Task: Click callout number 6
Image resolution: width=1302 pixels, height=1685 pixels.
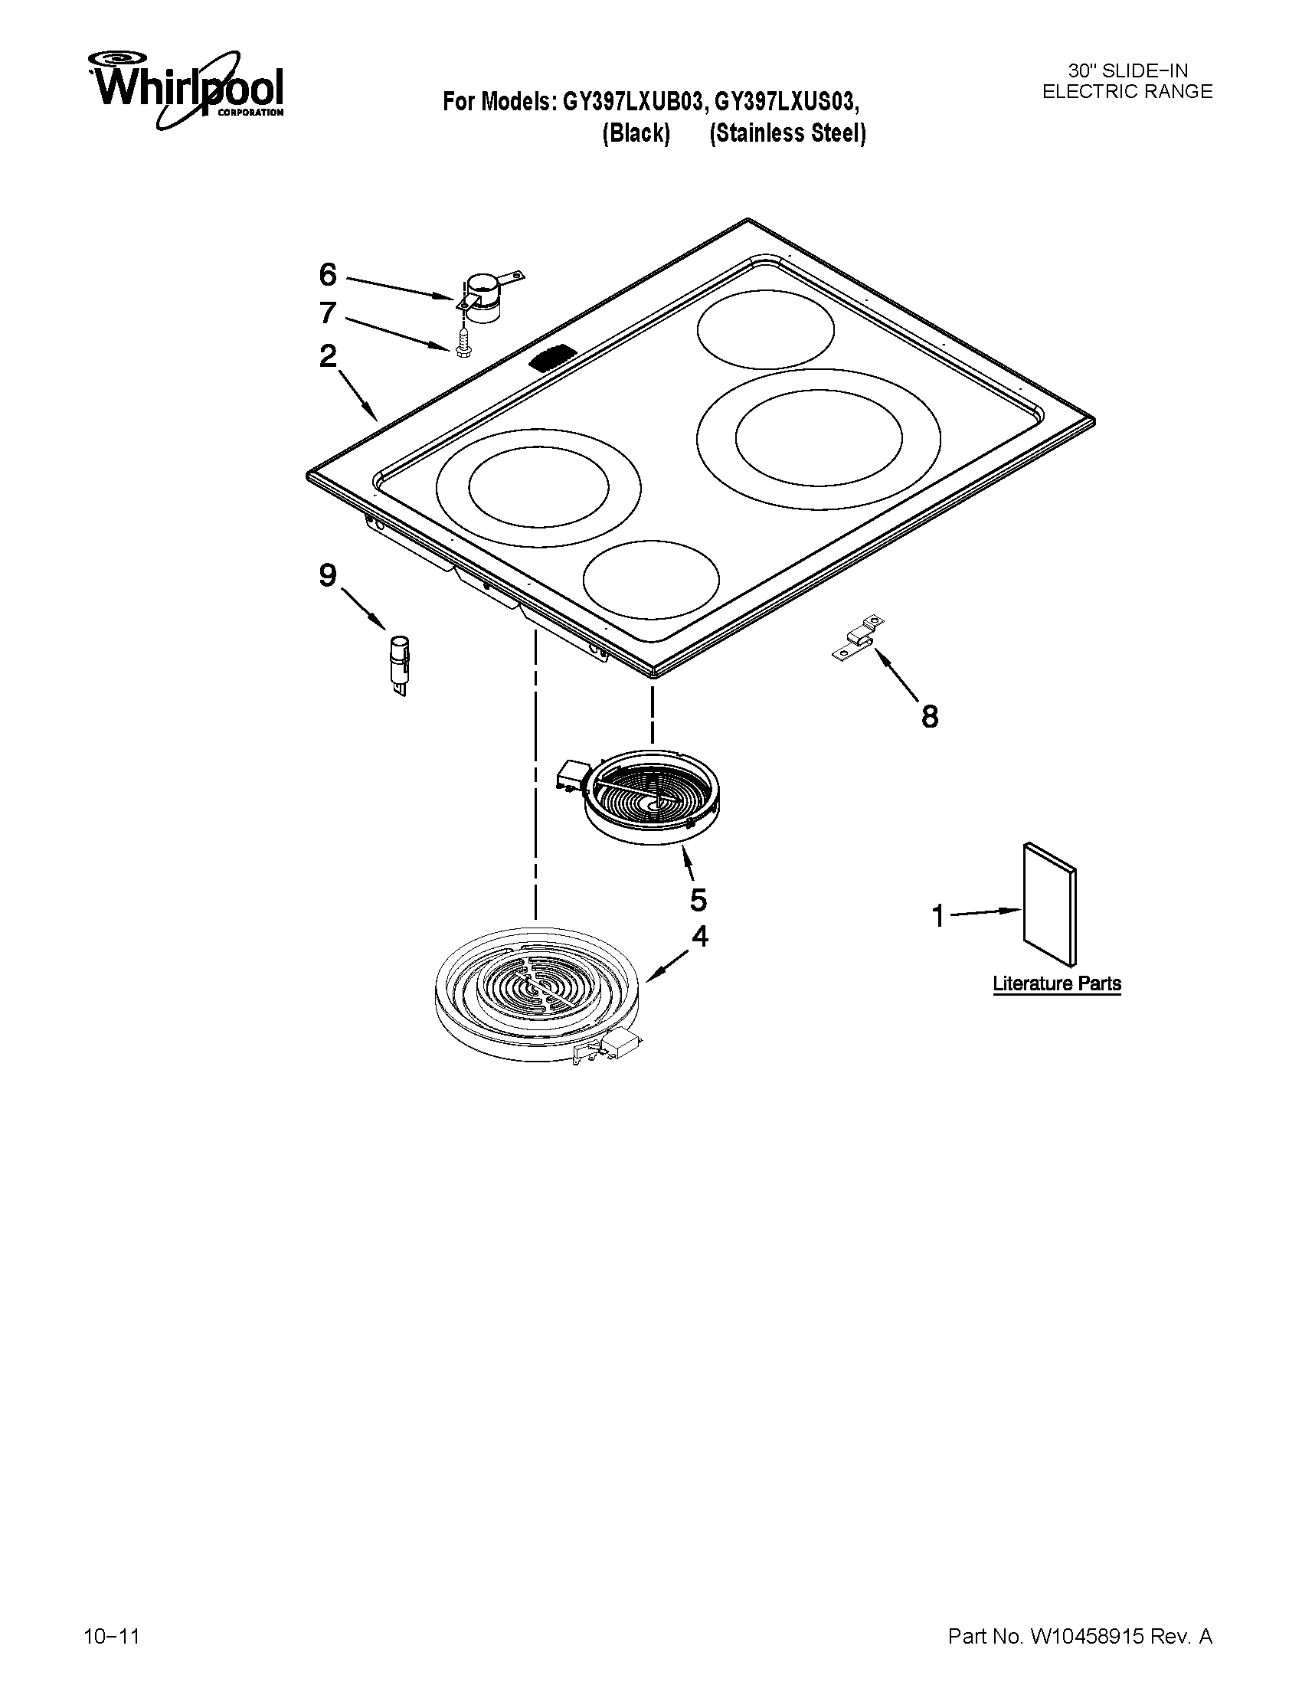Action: click(328, 274)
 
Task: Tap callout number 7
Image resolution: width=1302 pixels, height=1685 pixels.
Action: click(328, 312)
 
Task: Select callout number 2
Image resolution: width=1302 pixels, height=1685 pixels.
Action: click(328, 356)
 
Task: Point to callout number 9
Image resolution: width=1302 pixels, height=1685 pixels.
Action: click(328, 574)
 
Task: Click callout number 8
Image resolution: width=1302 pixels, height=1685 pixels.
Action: click(931, 717)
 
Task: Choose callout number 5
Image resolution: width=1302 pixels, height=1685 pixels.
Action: click(698, 899)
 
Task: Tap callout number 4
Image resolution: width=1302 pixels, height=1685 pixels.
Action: click(699, 936)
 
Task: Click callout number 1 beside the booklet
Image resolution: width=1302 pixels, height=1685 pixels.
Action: click(938, 917)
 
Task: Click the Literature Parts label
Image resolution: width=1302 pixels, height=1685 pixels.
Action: click(1057, 983)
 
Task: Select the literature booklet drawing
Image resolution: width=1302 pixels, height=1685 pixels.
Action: click(1049, 903)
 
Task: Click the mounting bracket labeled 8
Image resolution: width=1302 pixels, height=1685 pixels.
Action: click(858, 640)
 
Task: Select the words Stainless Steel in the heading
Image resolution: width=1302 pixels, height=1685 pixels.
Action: click(787, 133)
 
